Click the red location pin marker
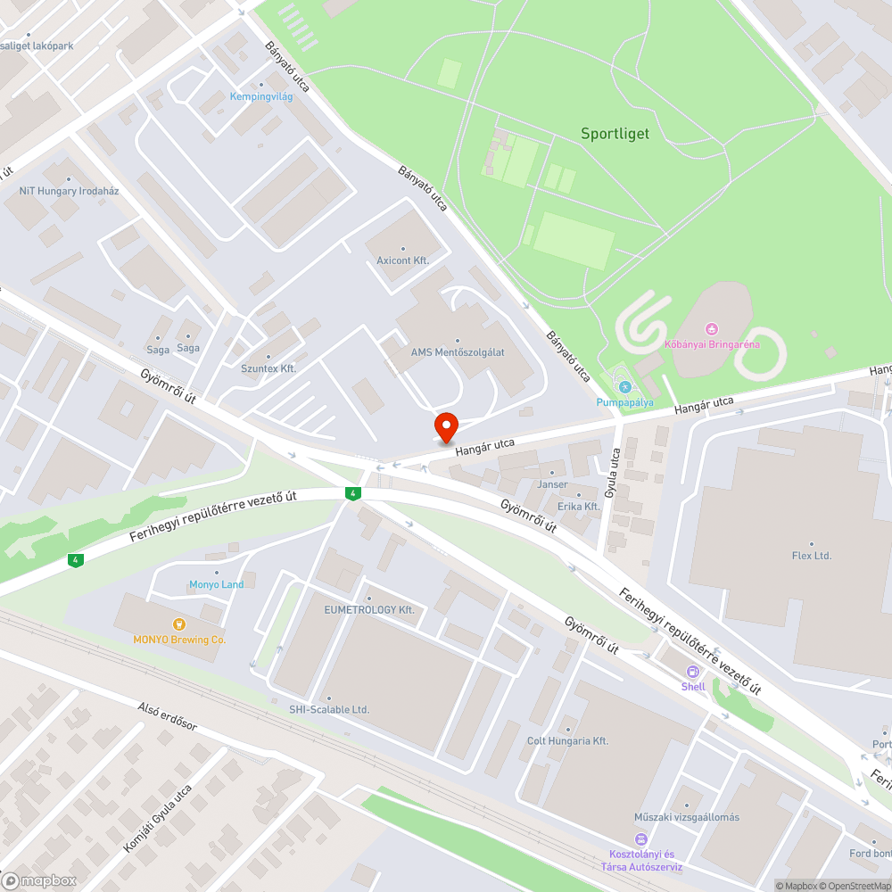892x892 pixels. coord(445,425)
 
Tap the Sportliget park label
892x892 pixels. coord(615,134)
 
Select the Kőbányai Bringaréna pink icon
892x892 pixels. coord(711,330)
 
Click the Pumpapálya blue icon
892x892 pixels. coord(624,387)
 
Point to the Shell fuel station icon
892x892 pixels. coord(693,672)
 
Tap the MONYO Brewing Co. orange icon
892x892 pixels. coord(178,624)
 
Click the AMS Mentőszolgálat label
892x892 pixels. coord(458,352)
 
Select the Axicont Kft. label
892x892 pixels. coord(403,260)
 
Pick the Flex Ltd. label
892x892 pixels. coord(811,555)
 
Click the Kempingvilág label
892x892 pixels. coord(261,96)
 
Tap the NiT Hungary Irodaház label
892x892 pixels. coord(69,191)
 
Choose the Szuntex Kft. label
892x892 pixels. coord(268,368)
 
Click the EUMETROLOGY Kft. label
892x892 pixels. coord(369,609)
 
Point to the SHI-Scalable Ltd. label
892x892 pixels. coord(329,709)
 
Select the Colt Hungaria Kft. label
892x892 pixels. coord(567,740)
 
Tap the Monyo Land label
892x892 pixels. coord(216,584)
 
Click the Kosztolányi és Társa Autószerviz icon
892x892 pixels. coord(640,838)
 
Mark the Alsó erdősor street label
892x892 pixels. coord(167,716)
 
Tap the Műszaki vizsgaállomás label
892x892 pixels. coord(686,816)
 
